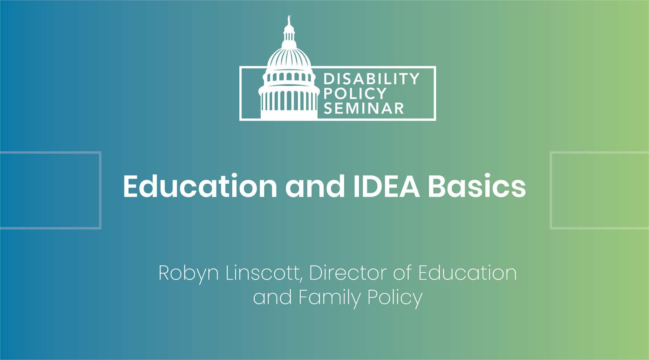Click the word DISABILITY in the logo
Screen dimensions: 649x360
371,78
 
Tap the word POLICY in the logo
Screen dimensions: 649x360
355,94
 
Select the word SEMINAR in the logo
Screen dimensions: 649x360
363,109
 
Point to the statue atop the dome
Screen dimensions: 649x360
288,20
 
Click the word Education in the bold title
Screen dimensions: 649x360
200,186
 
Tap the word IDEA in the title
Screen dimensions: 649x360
387,186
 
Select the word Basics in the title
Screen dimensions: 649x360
477,186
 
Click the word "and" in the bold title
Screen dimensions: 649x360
315,186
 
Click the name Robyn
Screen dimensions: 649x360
189,274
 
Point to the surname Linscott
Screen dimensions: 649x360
262,273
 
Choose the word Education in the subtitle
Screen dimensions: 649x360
467,273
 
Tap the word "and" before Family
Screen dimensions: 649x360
272,297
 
